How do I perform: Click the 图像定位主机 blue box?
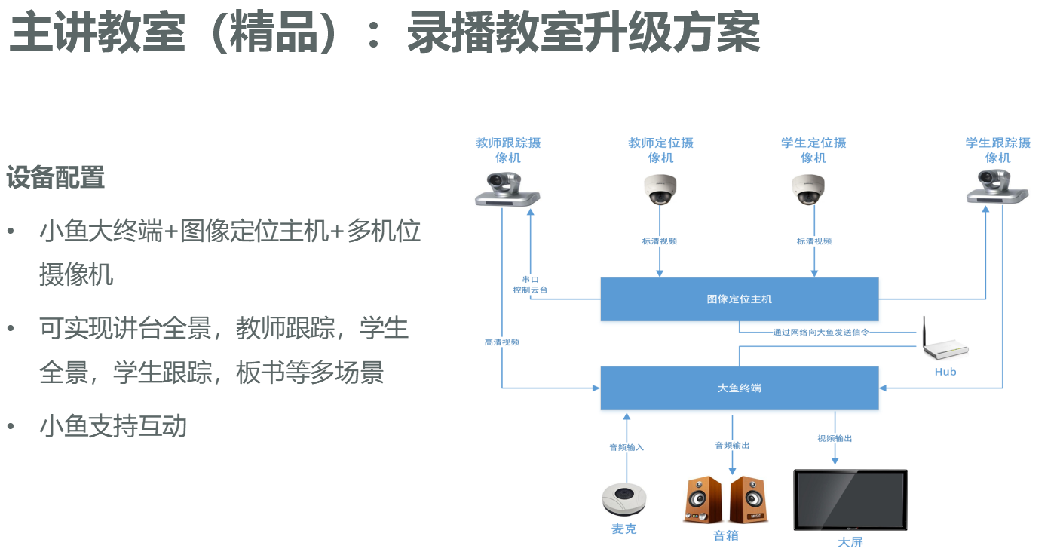pos(739,299)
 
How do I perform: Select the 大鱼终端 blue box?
pos(739,388)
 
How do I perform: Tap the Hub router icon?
pos(944,346)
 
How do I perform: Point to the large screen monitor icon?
pos(850,500)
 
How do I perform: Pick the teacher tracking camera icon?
pos(507,189)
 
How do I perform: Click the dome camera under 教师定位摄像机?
pos(660,189)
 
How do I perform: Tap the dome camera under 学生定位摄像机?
pos(808,189)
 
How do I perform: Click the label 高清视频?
pos(501,342)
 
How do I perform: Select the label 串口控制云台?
pos(530,284)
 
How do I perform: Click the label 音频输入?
pos(627,447)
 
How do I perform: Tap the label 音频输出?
pos(732,445)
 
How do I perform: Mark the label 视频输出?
pos(835,438)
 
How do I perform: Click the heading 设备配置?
pos(56,178)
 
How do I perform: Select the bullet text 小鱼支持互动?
pos(113,426)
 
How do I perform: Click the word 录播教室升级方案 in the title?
pos(583,32)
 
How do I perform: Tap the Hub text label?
pos(945,372)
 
